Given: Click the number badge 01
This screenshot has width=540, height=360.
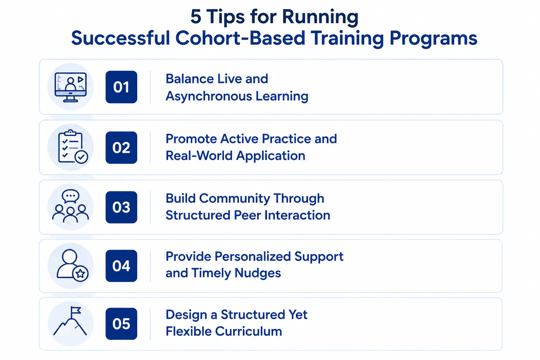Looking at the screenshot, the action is (x=121, y=87).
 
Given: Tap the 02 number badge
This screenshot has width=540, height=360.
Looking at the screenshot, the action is (x=121, y=147).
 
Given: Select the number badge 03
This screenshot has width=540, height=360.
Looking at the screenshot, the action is (x=121, y=207).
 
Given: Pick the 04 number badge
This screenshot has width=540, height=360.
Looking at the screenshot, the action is (x=121, y=266).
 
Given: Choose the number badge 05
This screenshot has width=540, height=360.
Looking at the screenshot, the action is (x=121, y=323).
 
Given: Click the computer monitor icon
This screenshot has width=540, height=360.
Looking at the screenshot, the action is (x=70, y=87).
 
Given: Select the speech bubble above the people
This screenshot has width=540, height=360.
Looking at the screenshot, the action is (x=70, y=196).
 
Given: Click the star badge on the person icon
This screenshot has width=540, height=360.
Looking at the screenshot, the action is (x=80, y=274).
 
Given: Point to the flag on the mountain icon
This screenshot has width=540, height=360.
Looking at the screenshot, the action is (x=76, y=310).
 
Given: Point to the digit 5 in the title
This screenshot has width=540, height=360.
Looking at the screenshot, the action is (x=196, y=17).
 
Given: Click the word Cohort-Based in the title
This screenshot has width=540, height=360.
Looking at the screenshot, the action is (x=240, y=38).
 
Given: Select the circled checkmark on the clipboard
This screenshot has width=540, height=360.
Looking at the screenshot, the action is (x=81, y=157).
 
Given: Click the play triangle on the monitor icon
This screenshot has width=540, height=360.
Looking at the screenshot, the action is (x=81, y=79).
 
